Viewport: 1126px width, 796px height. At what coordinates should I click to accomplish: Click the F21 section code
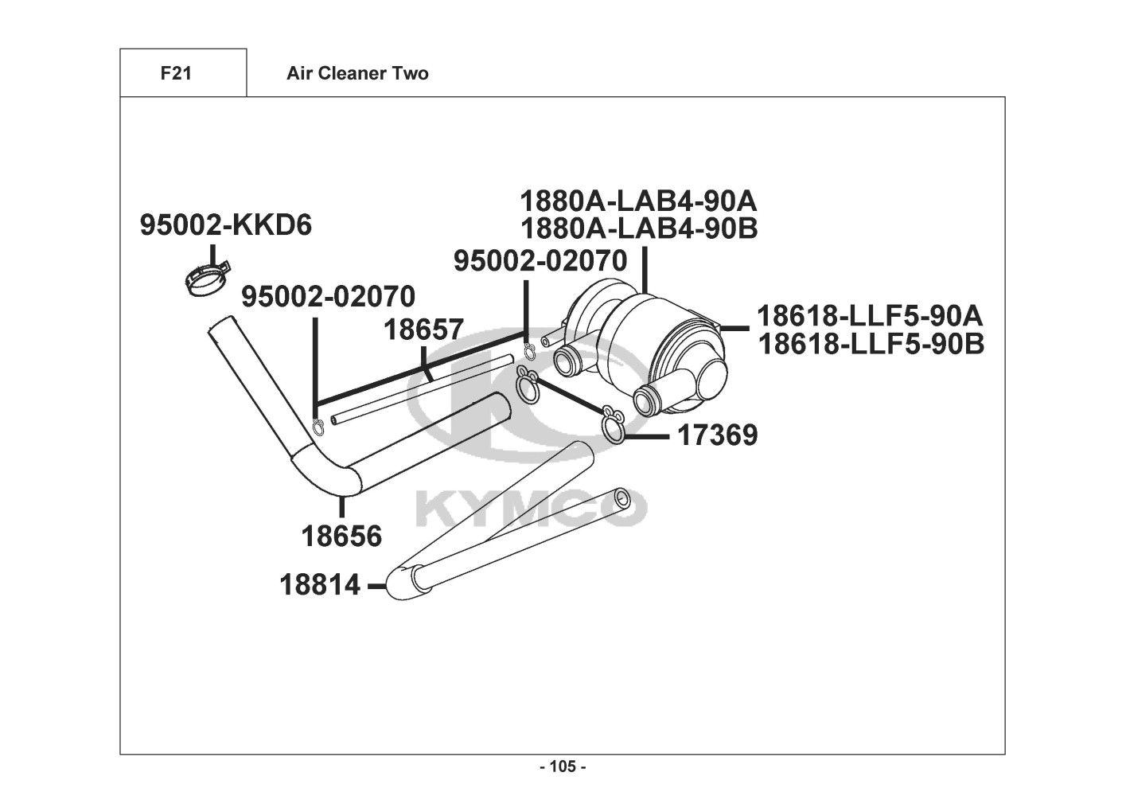pyautogui.click(x=176, y=73)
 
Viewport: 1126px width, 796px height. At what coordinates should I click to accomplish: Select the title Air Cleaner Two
pyautogui.click(x=357, y=73)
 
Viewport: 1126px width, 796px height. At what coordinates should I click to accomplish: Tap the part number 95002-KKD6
pyautogui.click(x=226, y=224)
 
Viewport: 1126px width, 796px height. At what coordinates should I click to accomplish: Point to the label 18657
pyautogui.click(x=423, y=330)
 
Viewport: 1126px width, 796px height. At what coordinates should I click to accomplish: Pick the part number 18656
pyautogui.click(x=342, y=537)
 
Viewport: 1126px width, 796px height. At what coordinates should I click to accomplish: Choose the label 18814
pyautogui.click(x=320, y=585)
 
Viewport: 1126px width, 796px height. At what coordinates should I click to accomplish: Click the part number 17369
pyautogui.click(x=717, y=435)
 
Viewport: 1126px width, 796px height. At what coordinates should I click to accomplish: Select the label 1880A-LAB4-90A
pyautogui.click(x=638, y=201)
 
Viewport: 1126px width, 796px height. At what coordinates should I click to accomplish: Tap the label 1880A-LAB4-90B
pyautogui.click(x=638, y=228)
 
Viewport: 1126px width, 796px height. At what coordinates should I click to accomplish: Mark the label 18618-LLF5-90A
pyautogui.click(x=870, y=316)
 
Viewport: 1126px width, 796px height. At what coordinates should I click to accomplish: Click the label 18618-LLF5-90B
pyautogui.click(x=871, y=345)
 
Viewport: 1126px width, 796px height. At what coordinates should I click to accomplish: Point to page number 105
pyautogui.click(x=563, y=767)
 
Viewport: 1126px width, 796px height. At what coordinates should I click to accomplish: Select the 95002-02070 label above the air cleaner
pyautogui.click(x=540, y=261)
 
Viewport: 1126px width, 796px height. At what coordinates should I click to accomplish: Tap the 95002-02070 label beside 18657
pyautogui.click(x=328, y=296)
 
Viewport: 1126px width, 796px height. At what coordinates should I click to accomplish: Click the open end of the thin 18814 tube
pyautogui.click(x=621, y=497)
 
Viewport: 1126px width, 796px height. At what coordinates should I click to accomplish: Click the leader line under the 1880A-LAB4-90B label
pyautogui.click(x=645, y=269)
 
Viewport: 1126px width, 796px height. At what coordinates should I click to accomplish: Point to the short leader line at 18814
pyautogui.click(x=376, y=586)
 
